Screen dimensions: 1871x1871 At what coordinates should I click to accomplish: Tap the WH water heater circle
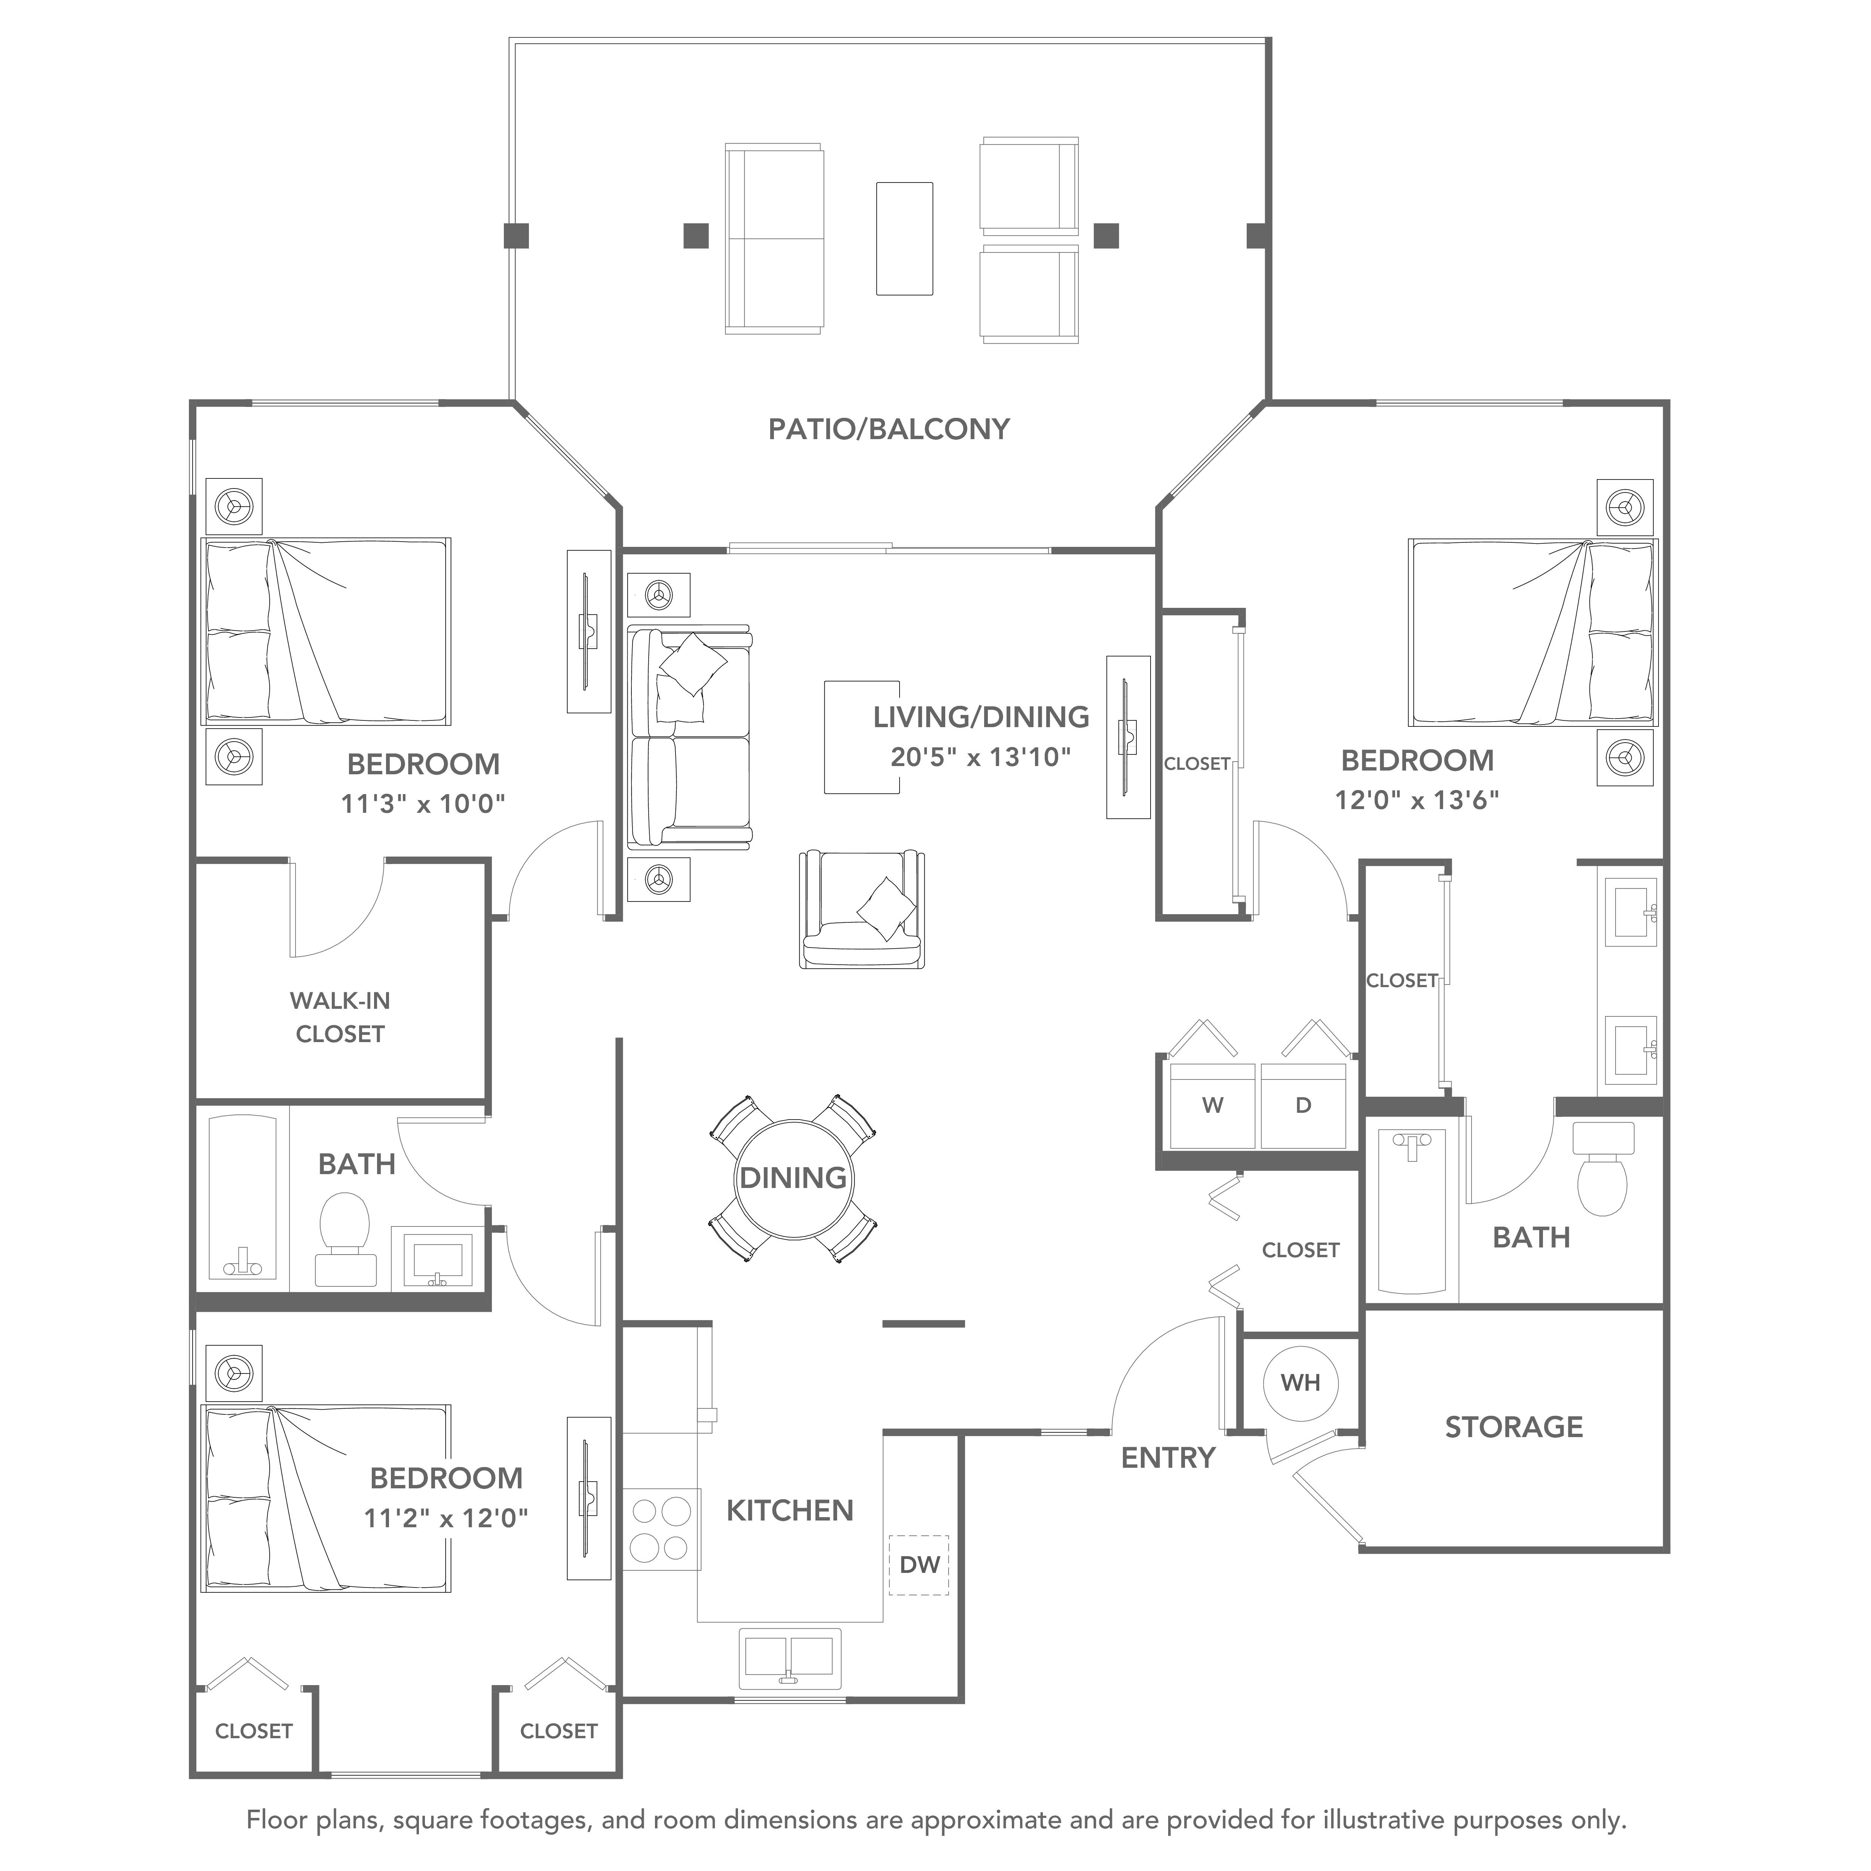[x=1301, y=1383]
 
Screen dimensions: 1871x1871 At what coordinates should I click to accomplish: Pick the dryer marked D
[x=1304, y=1105]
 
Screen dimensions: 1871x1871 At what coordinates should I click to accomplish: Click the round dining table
[x=793, y=1179]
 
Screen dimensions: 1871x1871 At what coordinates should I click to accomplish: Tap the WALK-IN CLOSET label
[x=340, y=1017]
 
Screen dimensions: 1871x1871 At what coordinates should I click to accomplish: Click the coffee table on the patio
[x=904, y=238]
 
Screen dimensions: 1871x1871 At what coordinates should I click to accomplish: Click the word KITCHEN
[x=790, y=1511]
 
